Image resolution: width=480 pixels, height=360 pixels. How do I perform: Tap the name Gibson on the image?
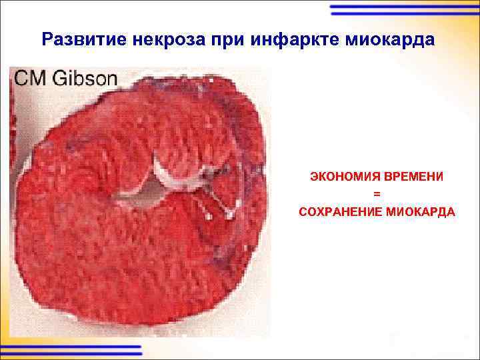84,78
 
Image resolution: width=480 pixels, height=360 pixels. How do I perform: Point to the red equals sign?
377,194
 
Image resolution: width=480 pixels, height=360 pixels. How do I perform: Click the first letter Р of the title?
46,39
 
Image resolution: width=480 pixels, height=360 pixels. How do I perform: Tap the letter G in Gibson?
57,78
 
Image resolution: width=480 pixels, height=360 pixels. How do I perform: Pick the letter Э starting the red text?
312,177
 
